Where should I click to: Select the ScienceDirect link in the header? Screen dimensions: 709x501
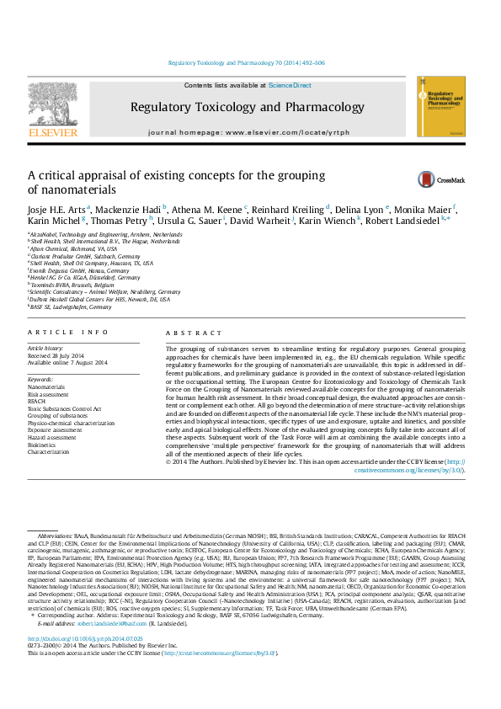[290, 86]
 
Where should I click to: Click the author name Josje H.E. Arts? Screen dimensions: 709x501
[56, 209]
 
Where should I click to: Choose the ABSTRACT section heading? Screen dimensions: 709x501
[187, 333]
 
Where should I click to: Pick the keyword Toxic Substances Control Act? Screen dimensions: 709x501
[64, 408]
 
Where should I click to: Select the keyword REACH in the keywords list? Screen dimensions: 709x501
[37, 401]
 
